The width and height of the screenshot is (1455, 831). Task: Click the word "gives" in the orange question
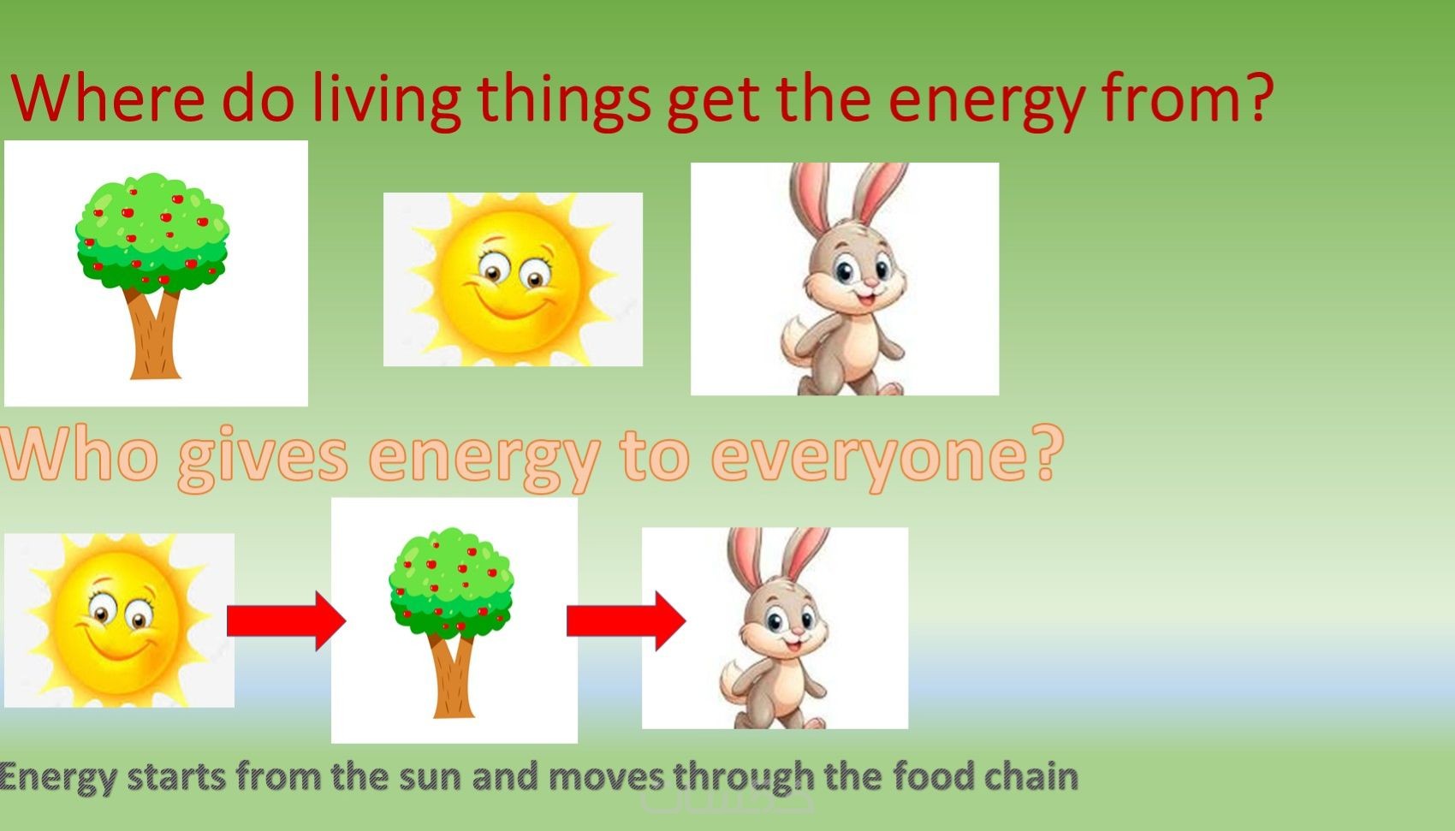[263, 458]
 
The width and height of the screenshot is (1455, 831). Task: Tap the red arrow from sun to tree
[286, 620]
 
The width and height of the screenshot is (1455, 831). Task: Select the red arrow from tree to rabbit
[627, 620]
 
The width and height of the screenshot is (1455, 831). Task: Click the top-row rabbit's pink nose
[870, 283]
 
